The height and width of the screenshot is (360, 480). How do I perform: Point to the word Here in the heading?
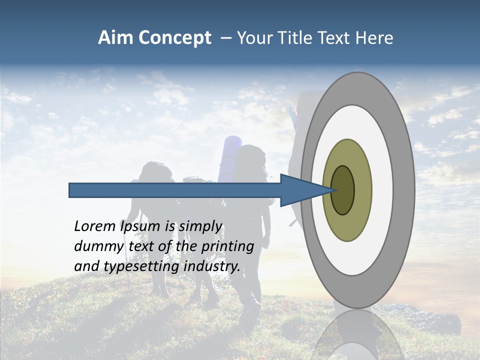click(375, 38)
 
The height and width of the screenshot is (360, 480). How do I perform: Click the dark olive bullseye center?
click(343, 190)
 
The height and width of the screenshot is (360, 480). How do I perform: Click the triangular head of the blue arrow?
click(300, 190)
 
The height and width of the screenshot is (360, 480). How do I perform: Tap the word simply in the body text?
click(200, 226)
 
